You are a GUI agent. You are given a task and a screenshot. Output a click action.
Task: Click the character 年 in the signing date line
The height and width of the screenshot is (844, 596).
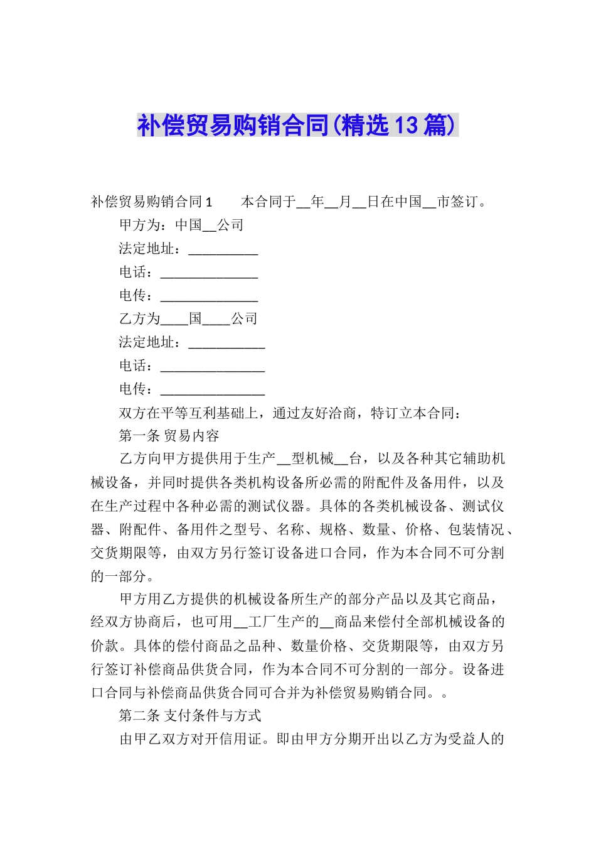[317, 202]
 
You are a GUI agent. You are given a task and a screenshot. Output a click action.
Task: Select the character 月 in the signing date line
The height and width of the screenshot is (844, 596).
[345, 202]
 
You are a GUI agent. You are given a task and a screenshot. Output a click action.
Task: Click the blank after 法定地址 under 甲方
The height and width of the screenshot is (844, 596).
[223, 250]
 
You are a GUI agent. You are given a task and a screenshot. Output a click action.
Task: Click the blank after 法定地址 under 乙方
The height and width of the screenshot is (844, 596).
[226, 344]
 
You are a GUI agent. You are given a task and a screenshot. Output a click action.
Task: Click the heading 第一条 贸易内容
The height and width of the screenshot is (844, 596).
[169, 436]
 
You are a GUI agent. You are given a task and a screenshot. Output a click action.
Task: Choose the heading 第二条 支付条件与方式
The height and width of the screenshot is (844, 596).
[190, 716]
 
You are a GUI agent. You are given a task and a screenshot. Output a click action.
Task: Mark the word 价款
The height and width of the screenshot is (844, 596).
[105, 646]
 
